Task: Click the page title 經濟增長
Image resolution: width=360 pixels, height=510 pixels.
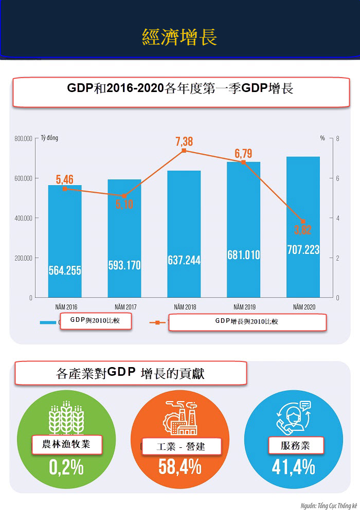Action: (179, 37)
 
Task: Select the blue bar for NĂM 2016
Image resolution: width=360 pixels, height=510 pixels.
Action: (65, 242)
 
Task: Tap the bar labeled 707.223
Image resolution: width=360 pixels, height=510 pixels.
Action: (303, 226)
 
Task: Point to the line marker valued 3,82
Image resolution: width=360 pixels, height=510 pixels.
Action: (303, 222)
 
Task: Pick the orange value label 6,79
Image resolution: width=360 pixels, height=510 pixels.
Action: (243, 153)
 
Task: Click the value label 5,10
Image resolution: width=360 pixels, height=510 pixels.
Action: (123, 204)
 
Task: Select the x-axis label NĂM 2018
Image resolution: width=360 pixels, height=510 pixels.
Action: (184, 307)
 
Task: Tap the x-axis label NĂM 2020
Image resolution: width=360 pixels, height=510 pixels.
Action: (303, 307)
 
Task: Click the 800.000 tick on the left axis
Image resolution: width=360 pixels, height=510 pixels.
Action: (24, 139)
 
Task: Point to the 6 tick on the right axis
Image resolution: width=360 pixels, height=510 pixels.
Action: (337, 178)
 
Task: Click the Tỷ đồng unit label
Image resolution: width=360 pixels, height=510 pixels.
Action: (49, 138)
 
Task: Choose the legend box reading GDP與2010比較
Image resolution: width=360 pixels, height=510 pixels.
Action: (96, 321)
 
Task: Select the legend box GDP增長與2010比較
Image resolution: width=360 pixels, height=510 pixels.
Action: (247, 322)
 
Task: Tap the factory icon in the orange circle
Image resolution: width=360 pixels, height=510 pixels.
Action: (179, 417)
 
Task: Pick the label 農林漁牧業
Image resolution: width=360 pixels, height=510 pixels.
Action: (66, 444)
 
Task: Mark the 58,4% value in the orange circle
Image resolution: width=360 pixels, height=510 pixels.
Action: (179, 467)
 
